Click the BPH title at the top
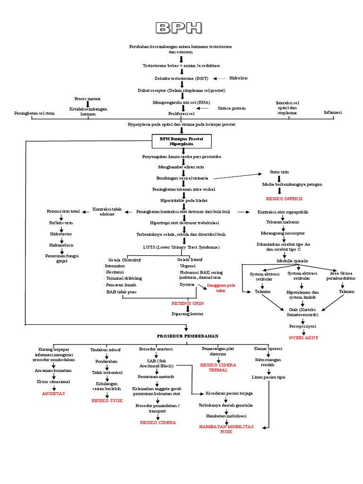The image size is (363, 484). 181,28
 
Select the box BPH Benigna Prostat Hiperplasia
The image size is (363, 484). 181,141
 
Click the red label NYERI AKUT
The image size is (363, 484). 303,338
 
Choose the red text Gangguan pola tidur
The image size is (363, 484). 214,288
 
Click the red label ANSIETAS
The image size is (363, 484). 53,393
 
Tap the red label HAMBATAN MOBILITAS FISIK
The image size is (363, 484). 226,429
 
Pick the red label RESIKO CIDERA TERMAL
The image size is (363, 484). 218,367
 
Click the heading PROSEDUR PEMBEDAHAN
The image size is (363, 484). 188,336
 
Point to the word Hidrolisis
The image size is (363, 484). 238,78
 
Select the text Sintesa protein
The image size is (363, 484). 232,108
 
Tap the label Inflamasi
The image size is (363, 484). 333,112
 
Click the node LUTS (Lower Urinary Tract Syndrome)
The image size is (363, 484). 181,247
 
